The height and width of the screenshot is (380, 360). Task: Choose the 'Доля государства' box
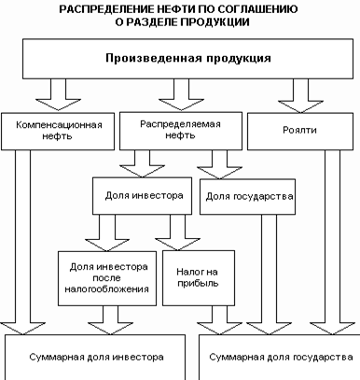(248, 197)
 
